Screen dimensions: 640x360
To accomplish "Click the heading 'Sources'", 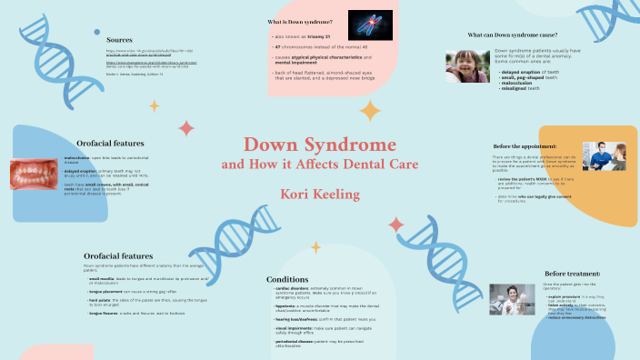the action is pyautogui.click(x=120, y=40).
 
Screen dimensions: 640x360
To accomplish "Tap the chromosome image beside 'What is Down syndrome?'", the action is pyautogui.click(x=370, y=25).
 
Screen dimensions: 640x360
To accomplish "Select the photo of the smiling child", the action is pyautogui.click(x=467, y=66).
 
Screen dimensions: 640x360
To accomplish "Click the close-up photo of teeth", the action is pyautogui.click(x=35, y=175).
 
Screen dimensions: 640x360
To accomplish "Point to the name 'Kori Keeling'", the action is pyautogui.click(x=319, y=195).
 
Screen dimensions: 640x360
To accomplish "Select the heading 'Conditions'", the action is pyautogui.click(x=287, y=279).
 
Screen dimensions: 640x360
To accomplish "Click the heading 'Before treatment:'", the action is pyautogui.click(x=573, y=274).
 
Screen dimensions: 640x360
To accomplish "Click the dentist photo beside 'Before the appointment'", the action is pyautogui.click(x=604, y=155).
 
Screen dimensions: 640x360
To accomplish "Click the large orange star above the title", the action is pyautogui.click(x=370, y=111).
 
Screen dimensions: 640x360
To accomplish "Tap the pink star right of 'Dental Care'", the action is pyautogui.click(x=395, y=224).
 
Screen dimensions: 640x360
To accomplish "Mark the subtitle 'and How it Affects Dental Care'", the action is pyautogui.click(x=319, y=165).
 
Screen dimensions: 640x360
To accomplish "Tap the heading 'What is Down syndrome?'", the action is pyautogui.click(x=299, y=21).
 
